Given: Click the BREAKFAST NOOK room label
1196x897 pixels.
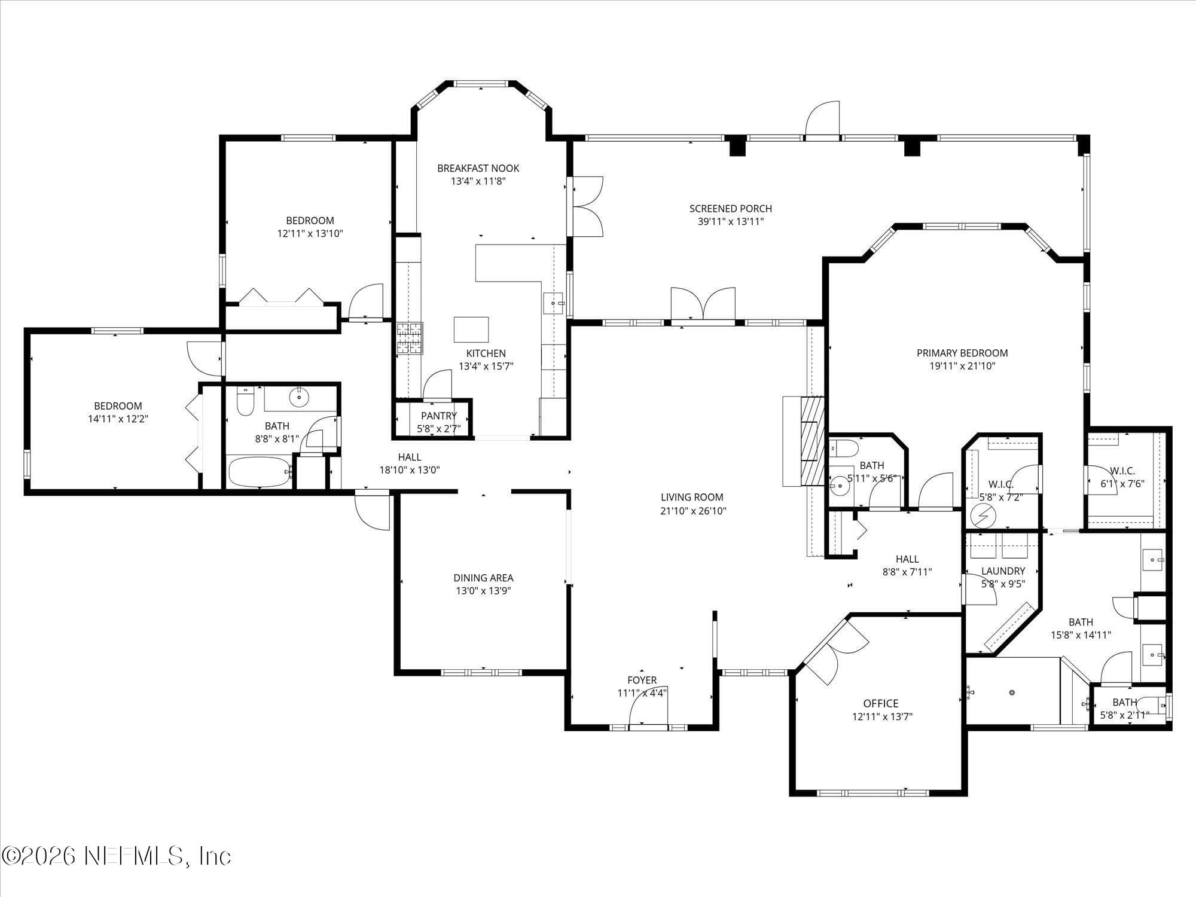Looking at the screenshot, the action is point(478,168).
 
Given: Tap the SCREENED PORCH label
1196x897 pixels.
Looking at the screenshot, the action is point(730,209).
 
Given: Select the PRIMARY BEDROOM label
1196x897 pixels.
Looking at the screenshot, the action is point(962,353).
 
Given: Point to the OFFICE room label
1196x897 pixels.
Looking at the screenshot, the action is point(880,703).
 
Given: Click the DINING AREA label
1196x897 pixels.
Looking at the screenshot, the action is point(483,578).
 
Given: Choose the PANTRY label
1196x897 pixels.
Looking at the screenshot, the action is point(438,416).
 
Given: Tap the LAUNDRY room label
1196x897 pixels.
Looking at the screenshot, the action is point(1003,571).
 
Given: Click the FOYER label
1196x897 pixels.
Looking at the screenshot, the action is point(642,680).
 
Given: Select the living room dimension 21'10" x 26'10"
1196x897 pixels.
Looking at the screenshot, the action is point(693,511).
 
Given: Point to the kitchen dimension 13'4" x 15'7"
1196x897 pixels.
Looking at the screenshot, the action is point(486,366).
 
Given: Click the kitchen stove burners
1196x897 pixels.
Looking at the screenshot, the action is point(410,338).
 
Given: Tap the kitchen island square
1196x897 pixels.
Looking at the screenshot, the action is point(471,329).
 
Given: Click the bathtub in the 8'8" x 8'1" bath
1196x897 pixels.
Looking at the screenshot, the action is point(260,472).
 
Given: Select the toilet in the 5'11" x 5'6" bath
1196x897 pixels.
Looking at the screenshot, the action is point(844,447).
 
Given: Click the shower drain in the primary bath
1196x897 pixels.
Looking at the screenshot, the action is point(1012,692).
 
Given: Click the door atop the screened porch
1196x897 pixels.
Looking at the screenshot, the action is point(822,119).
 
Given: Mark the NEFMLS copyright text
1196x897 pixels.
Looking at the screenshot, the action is point(117,856).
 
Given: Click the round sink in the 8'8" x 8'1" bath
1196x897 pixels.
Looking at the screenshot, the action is point(297,396).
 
